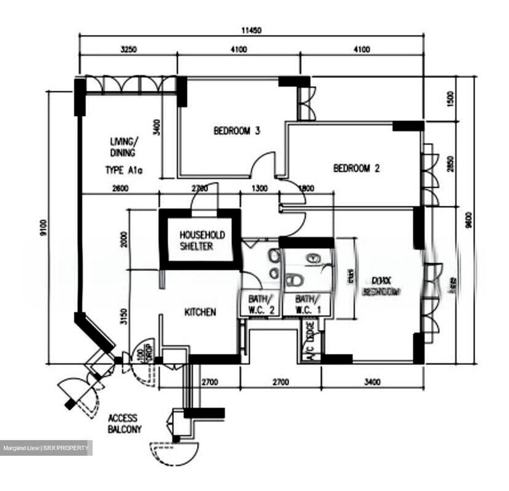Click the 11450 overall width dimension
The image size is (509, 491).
click(251, 31)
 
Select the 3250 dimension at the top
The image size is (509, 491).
click(128, 49)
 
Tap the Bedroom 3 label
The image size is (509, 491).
click(236, 131)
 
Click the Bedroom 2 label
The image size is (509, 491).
click(356, 168)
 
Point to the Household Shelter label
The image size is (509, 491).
click(202, 240)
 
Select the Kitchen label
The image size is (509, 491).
click(200, 312)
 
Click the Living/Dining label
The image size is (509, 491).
click(122, 147)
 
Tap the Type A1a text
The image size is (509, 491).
click(124, 171)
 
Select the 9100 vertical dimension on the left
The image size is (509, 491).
click(43, 227)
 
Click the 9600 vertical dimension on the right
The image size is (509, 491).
click(468, 220)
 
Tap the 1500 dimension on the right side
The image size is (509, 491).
click(450, 100)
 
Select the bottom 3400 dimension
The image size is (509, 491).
click(372, 382)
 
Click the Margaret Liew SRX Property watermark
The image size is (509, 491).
click(46, 448)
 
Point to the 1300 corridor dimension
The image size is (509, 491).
click(259, 188)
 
